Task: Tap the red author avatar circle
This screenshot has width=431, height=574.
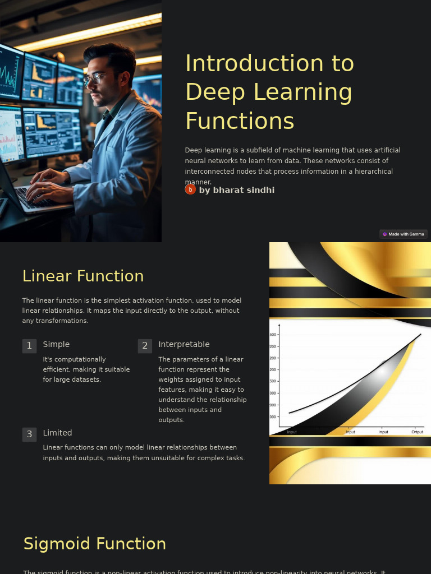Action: tap(190, 189)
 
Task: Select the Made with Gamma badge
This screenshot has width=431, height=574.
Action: tap(404, 234)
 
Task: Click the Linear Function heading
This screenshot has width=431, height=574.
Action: tap(83, 276)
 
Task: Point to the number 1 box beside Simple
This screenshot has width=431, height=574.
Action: tap(29, 346)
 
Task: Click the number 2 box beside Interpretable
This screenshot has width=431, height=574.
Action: tap(145, 346)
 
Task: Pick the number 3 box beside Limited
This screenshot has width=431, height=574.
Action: tap(29, 434)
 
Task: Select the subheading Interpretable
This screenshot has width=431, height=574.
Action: tap(184, 344)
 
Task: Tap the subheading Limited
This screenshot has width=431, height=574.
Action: tap(57, 433)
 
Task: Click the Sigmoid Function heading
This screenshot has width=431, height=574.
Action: tap(95, 544)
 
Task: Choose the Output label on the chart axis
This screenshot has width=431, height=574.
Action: tap(417, 432)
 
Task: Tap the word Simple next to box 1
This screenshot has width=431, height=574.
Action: tap(56, 344)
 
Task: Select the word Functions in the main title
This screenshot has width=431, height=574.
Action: tap(240, 121)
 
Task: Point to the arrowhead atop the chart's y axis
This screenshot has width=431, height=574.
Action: tap(279, 326)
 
